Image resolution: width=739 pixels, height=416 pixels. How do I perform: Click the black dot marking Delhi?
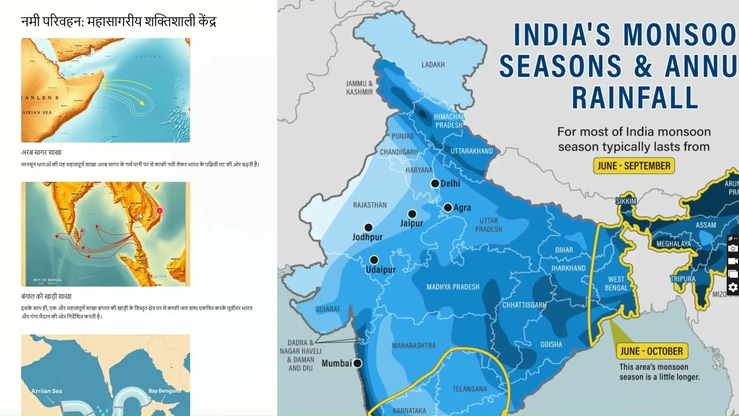tap(435, 183)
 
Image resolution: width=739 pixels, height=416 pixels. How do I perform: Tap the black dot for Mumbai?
tap(357, 363)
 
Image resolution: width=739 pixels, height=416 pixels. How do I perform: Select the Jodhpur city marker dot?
tap(368, 228)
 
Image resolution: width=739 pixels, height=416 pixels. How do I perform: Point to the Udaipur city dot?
tap(374, 260)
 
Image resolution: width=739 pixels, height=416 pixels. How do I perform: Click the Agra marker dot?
tap(447, 207)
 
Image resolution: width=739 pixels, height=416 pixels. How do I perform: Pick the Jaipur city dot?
tap(412, 214)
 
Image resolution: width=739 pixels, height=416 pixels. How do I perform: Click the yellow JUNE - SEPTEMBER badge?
tap(634, 166)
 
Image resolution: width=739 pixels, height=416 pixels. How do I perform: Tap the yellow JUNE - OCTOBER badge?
tap(652, 351)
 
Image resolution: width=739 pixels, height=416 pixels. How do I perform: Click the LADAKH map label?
tap(433, 65)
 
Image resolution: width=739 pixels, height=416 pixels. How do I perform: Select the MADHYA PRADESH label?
tap(453, 287)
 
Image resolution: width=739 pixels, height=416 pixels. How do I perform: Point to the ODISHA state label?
tap(551, 344)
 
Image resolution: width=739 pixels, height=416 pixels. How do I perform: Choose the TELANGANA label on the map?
tap(470, 389)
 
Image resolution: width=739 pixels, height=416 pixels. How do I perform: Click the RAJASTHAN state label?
tap(369, 205)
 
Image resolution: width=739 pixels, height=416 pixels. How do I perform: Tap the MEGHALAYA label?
tap(673, 244)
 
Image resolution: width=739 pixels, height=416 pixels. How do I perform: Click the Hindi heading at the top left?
tap(118, 21)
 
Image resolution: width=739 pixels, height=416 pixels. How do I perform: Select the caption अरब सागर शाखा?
tap(41, 153)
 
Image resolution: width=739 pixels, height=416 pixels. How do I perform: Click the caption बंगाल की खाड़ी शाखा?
tap(46, 296)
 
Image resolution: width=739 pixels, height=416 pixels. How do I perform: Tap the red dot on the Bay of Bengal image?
tap(160, 211)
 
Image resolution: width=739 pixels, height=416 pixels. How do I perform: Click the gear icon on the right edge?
tap(733, 287)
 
